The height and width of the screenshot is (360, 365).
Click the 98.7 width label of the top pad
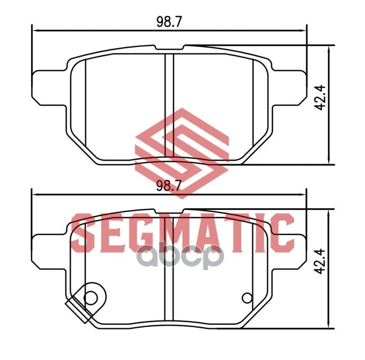[169, 22]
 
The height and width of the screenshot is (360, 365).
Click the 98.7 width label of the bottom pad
[169, 186]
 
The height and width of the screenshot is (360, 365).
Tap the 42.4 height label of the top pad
[319, 97]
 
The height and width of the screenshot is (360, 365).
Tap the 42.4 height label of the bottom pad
[319, 261]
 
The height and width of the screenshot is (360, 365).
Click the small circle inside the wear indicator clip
[90, 297]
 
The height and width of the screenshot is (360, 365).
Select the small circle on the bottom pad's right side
[247, 298]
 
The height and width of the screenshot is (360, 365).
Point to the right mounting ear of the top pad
[289, 87]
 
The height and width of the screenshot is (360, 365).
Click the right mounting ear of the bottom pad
[289, 252]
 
